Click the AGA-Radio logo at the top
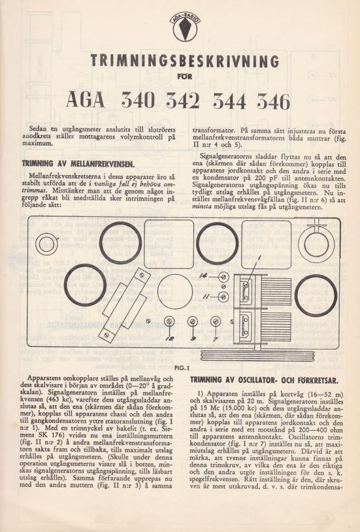tap(185, 27)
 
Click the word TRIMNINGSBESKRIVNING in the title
tap(185, 61)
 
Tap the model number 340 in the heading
tap(138, 101)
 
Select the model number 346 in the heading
tap(274, 101)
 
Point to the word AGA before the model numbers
tap(86, 100)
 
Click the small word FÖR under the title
tap(185, 76)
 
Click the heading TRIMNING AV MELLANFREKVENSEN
tap(78, 164)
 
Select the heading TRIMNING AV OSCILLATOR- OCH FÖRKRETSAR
tap(264, 380)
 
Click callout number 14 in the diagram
tap(203, 276)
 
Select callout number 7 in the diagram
tap(215, 338)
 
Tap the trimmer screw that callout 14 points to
tap(223, 277)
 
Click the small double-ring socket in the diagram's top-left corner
tap(46, 244)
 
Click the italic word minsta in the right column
tap(202, 207)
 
